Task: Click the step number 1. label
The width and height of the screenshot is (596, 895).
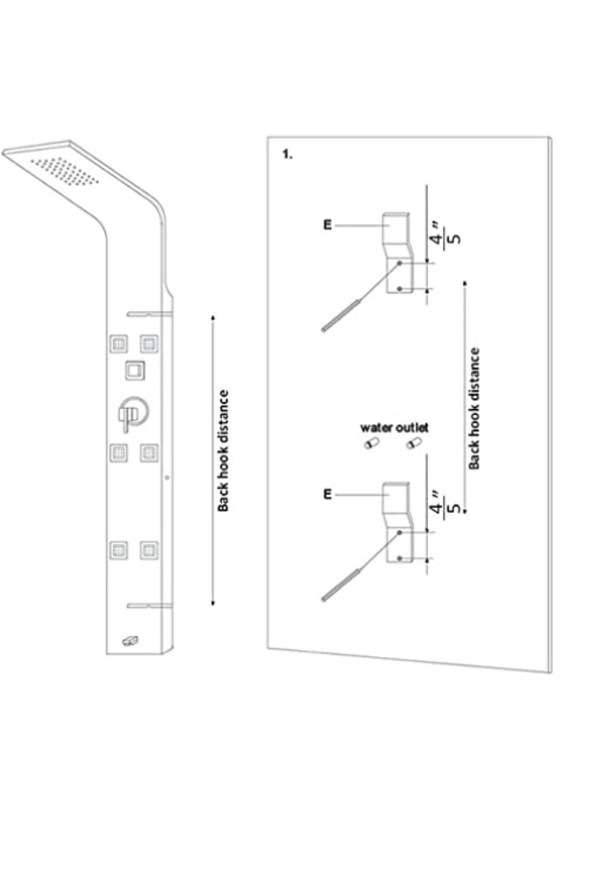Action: (x=287, y=155)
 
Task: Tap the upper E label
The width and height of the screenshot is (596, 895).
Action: (x=327, y=225)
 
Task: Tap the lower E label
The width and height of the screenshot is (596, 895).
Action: (x=327, y=495)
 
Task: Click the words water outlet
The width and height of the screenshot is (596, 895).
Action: (x=394, y=428)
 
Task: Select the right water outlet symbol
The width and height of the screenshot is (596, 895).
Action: (x=413, y=444)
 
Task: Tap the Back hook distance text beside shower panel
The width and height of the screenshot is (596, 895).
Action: (x=223, y=450)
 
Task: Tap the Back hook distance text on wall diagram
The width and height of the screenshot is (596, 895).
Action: (x=474, y=408)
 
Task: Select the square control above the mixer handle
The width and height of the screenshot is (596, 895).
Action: (x=135, y=370)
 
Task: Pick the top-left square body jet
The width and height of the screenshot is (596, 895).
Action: (x=119, y=344)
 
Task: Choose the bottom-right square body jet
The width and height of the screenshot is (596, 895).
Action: (x=149, y=550)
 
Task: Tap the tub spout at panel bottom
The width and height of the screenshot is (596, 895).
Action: (x=130, y=641)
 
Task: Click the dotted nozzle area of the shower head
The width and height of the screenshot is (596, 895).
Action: (x=65, y=172)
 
